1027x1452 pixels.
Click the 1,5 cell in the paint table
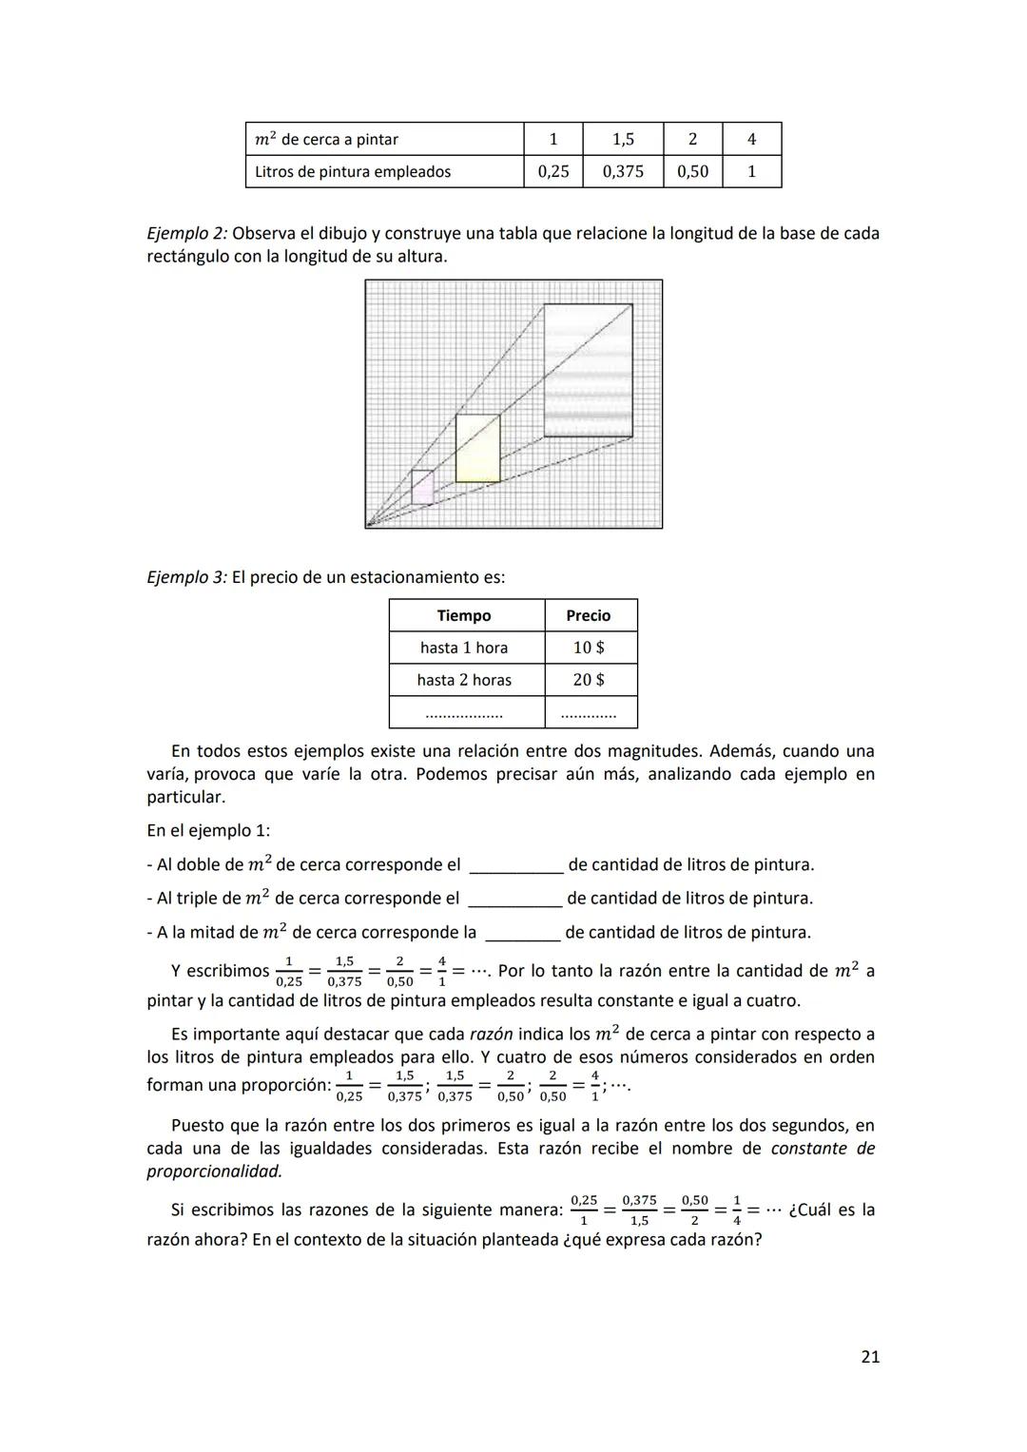[x=623, y=139]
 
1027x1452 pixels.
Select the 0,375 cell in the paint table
[x=623, y=171]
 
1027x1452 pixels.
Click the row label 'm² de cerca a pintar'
[x=326, y=139]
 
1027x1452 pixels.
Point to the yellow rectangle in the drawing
[x=477, y=448]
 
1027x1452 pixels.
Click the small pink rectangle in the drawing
[x=422, y=487]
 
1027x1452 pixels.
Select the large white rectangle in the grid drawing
[x=588, y=370]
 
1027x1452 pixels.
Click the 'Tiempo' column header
[x=464, y=615]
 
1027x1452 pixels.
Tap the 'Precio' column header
[x=589, y=615]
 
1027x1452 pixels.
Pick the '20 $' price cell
[x=589, y=680]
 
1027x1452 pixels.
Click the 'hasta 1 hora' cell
[x=464, y=648]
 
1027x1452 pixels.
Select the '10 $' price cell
[x=589, y=648]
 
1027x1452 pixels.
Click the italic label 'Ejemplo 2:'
[x=187, y=233]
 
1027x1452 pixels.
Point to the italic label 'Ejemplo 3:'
[x=187, y=577]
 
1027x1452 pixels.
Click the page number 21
[x=869, y=1357]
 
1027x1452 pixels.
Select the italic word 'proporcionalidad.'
[x=214, y=1171]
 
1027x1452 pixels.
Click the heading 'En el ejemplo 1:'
[x=208, y=830]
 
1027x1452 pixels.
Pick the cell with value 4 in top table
[x=751, y=139]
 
